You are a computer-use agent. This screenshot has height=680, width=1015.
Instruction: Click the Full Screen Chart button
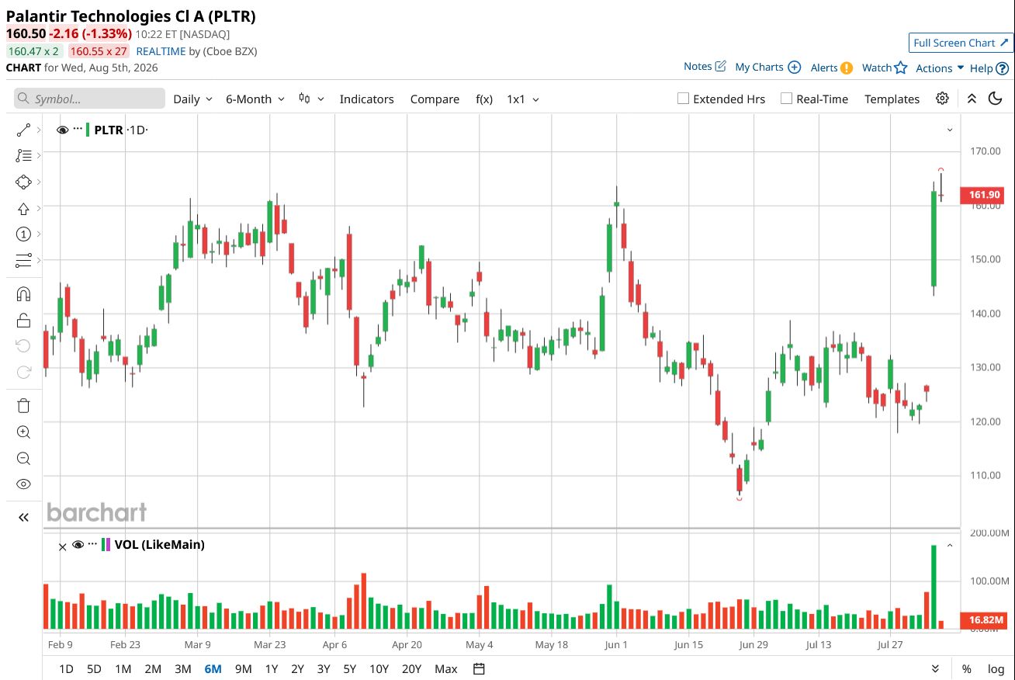[960, 43]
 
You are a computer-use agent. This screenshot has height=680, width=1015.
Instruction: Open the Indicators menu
[366, 99]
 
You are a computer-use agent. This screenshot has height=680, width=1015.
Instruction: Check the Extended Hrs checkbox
[683, 99]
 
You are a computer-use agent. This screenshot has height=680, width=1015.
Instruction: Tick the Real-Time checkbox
[786, 99]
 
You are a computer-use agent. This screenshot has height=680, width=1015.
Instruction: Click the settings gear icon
[942, 99]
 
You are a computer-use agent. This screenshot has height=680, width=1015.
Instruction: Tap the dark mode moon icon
[995, 99]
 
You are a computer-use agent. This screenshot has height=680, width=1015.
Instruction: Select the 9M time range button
[244, 668]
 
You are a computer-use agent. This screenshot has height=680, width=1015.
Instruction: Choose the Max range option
[446, 668]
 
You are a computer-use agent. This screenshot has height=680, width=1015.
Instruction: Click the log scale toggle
[996, 668]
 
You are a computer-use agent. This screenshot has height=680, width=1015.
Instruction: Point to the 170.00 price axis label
[985, 151]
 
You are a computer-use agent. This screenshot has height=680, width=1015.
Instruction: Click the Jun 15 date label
[688, 644]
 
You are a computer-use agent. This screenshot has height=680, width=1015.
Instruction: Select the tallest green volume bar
[934, 587]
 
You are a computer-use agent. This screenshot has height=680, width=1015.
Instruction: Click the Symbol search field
[89, 99]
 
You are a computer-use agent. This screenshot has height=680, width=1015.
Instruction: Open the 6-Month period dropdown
[255, 99]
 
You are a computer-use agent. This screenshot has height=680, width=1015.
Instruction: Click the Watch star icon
[901, 68]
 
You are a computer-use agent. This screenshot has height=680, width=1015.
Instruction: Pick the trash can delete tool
[23, 405]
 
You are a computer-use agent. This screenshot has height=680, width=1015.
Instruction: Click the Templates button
[892, 99]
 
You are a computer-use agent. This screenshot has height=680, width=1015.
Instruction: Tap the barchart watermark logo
[96, 512]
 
